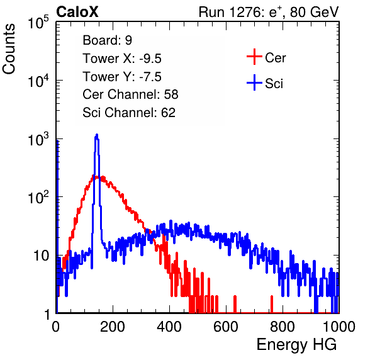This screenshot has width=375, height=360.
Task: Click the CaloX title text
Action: point(77,12)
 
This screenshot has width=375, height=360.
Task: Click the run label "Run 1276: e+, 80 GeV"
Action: point(269,12)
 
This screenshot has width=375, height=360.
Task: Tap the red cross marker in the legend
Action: point(254,57)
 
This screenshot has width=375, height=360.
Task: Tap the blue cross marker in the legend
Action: point(254,83)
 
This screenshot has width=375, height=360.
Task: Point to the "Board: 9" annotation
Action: point(107,40)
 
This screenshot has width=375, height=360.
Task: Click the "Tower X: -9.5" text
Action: point(122,58)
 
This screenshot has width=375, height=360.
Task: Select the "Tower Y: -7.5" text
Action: point(122,76)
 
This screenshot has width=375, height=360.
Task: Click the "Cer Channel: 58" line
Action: point(130,94)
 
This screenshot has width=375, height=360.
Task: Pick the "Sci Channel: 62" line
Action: point(129,112)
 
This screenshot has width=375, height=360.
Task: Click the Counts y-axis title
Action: point(9,49)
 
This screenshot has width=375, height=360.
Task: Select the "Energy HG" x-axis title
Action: point(296,345)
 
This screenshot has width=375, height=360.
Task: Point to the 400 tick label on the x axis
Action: point(169,327)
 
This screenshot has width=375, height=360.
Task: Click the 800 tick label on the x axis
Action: point(283,327)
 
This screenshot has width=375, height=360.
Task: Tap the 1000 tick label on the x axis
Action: point(339,327)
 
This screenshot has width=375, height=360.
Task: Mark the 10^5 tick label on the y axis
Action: point(38,22)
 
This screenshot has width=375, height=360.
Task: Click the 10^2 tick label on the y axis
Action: point(38,197)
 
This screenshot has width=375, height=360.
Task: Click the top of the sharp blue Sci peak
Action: point(97,135)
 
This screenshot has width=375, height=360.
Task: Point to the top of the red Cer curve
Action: point(96,177)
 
